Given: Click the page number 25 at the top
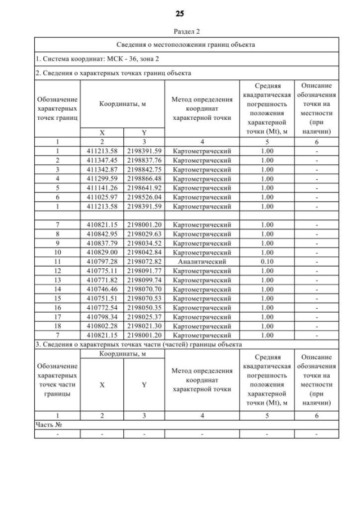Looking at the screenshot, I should (x=179, y=13).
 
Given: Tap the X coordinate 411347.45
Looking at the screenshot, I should (x=102, y=160).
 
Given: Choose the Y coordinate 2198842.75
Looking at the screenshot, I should (x=144, y=169).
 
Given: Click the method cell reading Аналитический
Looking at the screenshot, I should (x=201, y=262).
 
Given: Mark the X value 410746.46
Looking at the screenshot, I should (x=102, y=289).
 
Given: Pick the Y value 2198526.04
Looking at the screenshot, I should (x=144, y=197).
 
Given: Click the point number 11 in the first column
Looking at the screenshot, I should (x=57, y=262).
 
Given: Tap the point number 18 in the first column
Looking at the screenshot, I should (x=57, y=326).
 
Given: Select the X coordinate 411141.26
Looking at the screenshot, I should (x=102, y=187).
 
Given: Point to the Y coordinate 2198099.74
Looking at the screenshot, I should (x=144, y=280).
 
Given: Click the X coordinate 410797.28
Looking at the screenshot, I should (x=102, y=262).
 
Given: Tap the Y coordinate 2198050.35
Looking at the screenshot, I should (x=144, y=308).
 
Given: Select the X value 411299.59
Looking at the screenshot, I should (x=102, y=178).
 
